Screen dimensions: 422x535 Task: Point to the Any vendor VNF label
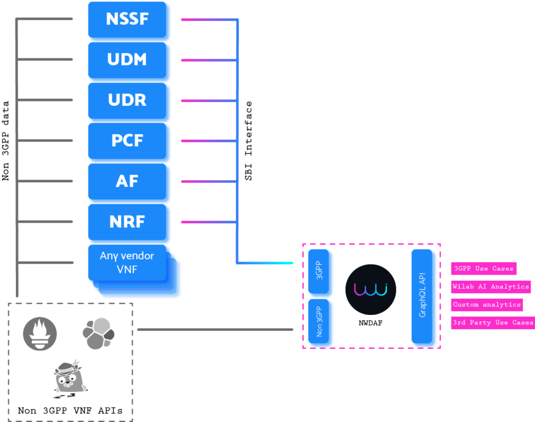(x=127, y=262)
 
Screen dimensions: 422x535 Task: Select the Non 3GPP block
(x=320, y=322)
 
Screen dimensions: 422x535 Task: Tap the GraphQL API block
(x=424, y=298)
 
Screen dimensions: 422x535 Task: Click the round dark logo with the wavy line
(x=371, y=289)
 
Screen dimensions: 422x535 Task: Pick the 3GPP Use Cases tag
(x=484, y=269)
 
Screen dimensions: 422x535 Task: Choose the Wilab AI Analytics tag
(x=491, y=287)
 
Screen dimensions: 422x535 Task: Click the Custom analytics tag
(x=486, y=305)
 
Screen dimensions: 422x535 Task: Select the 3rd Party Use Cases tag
(x=492, y=323)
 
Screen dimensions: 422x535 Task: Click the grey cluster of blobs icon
(x=98, y=334)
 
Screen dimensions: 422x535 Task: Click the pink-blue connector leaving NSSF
(x=207, y=20)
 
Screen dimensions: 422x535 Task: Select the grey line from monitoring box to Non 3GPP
(x=215, y=330)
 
